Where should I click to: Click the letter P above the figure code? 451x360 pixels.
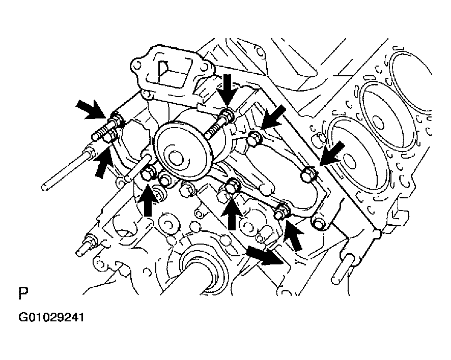pyautogui.click(x=23, y=293)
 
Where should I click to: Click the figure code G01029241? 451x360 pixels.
pyautogui.click(x=51, y=317)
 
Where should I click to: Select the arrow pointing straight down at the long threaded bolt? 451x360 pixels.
pyautogui.click(x=227, y=90)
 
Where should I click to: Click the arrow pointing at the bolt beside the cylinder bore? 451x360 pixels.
pyautogui.click(x=332, y=154)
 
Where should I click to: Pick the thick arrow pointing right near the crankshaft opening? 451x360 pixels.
pyautogui.click(x=265, y=255)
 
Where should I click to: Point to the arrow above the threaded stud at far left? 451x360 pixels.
pyautogui.click(x=91, y=109)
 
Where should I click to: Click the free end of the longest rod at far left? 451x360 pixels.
pyautogui.click(x=44, y=187)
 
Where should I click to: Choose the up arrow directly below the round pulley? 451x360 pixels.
pyautogui.click(x=148, y=200)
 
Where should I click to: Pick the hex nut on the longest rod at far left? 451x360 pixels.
pyautogui.click(x=90, y=152)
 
